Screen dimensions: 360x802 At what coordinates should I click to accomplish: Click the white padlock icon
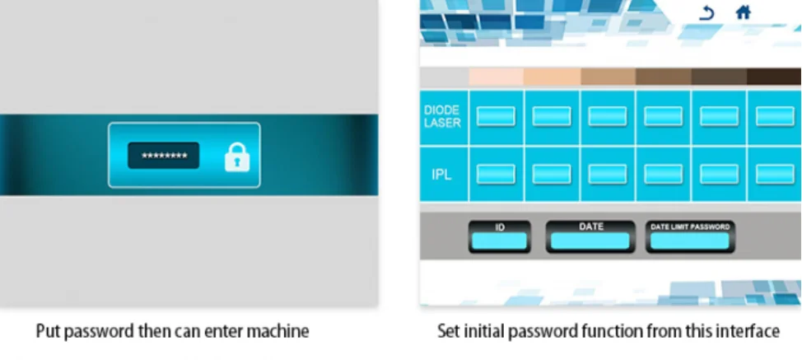pos(237,156)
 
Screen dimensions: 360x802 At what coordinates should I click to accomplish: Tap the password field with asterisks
pos(163,156)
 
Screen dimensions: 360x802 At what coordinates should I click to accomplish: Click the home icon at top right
pos(743,13)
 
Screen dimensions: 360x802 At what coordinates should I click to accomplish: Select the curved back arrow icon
pos(706,13)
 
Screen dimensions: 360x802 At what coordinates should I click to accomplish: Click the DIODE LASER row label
pos(442,116)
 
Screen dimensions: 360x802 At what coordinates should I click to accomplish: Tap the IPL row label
pos(442,175)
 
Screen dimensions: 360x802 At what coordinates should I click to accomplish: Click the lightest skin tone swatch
pos(497,77)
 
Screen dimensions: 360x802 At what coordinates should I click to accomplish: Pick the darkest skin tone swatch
pos(774,77)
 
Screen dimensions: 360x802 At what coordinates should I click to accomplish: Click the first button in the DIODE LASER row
pos(497,116)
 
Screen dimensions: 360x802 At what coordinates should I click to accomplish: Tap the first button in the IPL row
pos(497,174)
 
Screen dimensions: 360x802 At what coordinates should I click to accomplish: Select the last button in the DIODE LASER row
pos(775,116)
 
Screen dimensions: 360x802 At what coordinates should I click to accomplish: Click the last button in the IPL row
pos(775,174)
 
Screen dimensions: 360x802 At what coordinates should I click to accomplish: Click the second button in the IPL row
pos(552,174)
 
